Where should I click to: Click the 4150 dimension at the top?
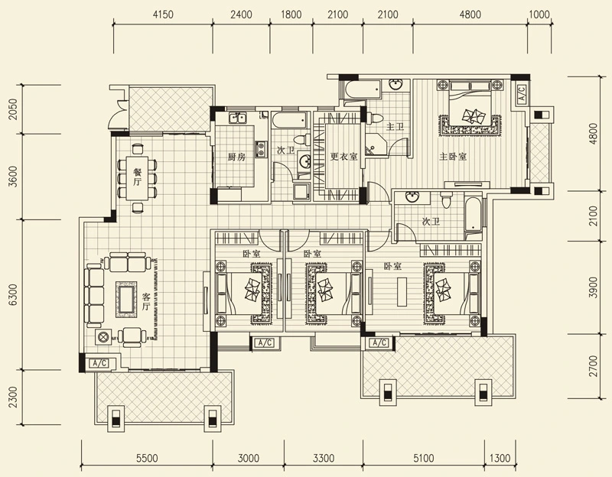[163, 15]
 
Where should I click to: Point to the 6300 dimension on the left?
[13, 294]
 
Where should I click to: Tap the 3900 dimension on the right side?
[593, 287]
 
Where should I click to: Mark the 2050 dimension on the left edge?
[13, 109]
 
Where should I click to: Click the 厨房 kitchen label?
[236, 157]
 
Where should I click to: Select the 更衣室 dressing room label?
[343, 157]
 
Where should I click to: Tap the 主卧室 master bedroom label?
[453, 157]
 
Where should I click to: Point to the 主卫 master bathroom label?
[395, 127]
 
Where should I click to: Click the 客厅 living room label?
[146, 301]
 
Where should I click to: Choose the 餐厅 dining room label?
[137, 177]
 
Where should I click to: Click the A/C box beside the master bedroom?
[522, 93]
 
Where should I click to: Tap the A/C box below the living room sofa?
[99, 364]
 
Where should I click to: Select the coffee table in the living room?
[126, 299]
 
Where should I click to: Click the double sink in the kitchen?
[237, 118]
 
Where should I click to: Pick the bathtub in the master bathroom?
[363, 90]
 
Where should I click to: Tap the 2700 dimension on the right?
[593, 366]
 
